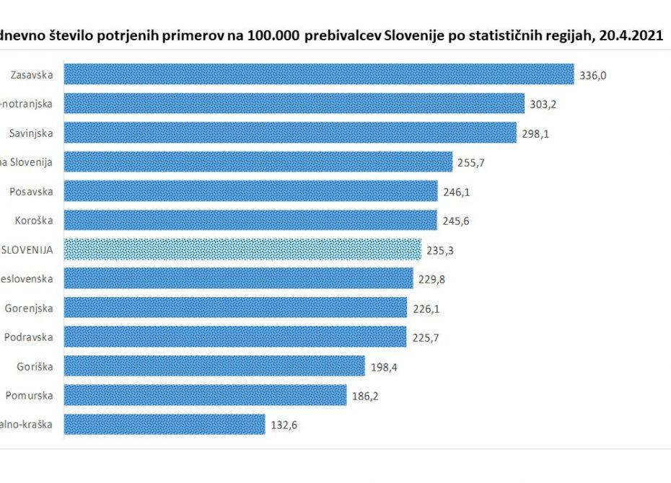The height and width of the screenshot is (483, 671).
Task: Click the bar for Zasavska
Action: tap(317, 74)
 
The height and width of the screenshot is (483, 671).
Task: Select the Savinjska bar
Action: tap(289, 133)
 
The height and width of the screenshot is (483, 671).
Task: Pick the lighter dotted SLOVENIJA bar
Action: tap(242, 249)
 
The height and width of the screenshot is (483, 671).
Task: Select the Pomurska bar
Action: tap(206, 395)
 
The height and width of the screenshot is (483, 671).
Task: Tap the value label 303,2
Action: tap(543, 104)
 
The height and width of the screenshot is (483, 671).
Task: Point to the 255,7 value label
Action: tap(471, 162)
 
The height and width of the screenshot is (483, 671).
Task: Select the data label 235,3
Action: tap(440, 250)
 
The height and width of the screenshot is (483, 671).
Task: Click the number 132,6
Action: tap(284, 425)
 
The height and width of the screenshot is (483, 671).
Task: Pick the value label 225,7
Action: tap(425, 337)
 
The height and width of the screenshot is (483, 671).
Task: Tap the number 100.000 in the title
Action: tap(268, 35)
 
